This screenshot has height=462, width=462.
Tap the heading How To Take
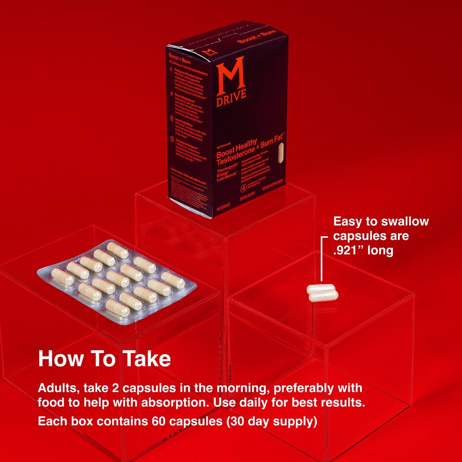click(x=104, y=359)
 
